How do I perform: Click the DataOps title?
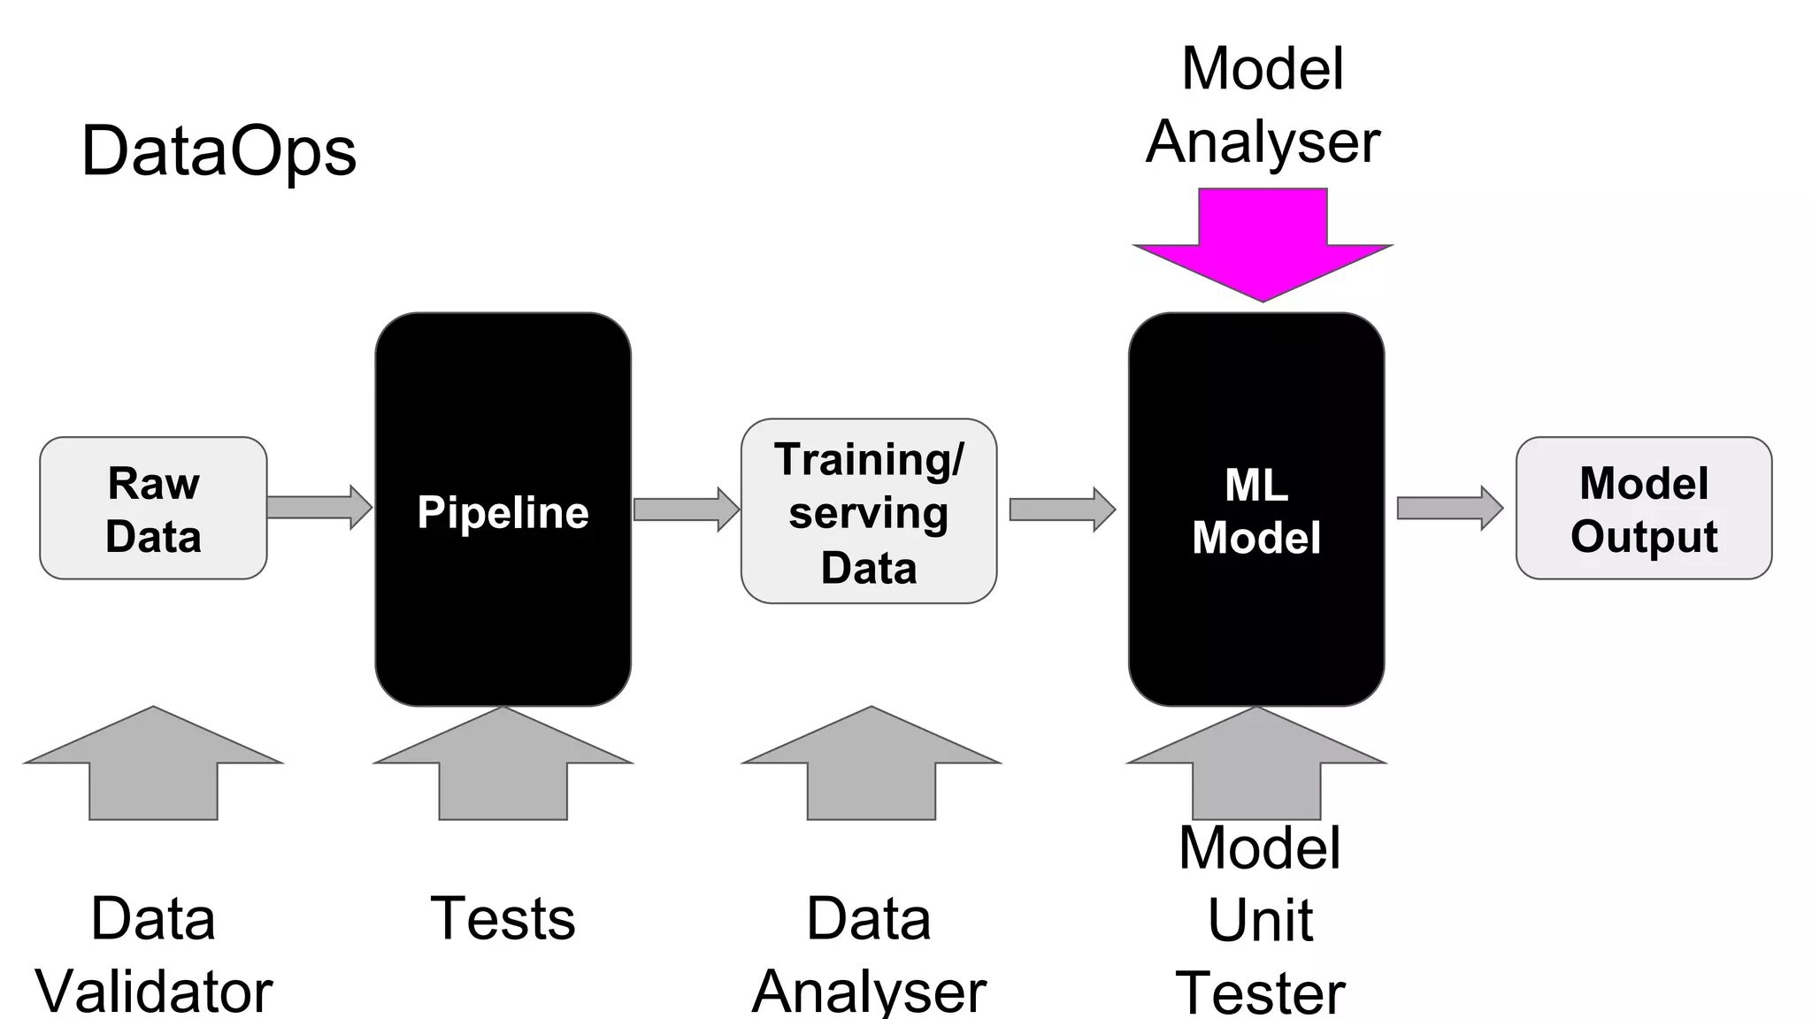tap(219, 151)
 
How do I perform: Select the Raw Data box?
tap(153, 509)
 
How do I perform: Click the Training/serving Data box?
tap(868, 512)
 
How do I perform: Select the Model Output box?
tap(1643, 509)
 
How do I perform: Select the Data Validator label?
tap(153, 955)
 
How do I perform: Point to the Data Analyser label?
tap(869, 955)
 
